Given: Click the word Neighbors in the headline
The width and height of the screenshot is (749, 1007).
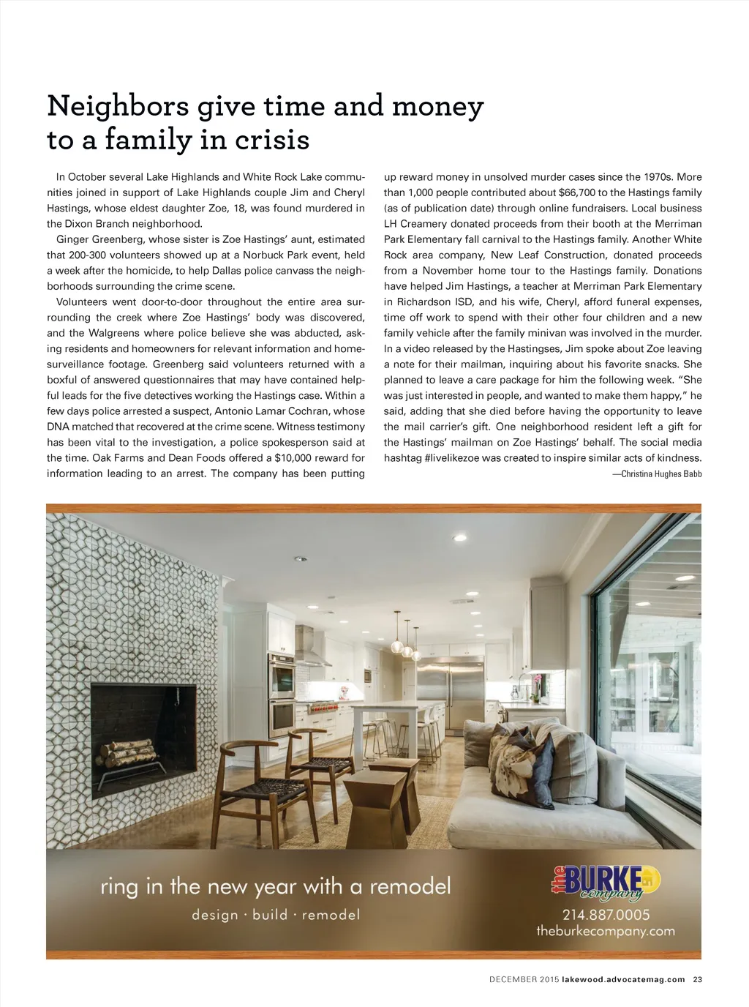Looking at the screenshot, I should pos(118,107).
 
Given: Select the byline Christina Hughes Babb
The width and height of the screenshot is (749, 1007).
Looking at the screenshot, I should pos(657,474).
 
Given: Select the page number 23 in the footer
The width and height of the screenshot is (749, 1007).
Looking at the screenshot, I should pos(697,979).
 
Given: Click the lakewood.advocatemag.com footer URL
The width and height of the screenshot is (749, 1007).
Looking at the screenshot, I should pos(623,979).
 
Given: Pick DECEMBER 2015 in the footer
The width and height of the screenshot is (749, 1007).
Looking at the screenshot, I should pos(524,979).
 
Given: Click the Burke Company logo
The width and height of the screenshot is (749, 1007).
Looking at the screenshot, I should pos(605,882).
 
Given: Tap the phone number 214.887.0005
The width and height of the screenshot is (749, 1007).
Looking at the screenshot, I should pos(606,915).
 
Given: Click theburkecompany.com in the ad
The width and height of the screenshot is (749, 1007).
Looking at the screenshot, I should pos(605,932).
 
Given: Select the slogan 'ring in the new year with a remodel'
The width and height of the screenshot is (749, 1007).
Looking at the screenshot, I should pos(276,887).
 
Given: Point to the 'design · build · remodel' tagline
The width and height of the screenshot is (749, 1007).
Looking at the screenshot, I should pos(276,915).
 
